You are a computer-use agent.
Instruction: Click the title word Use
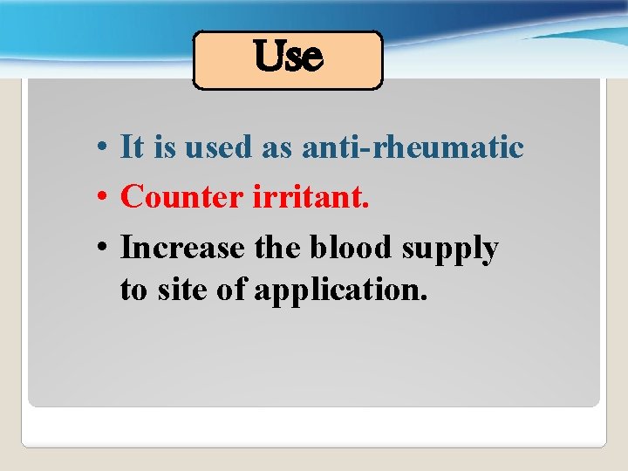point(288,58)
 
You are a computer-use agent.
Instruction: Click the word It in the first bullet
point(132,147)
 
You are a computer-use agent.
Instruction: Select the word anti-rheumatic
point(413,147)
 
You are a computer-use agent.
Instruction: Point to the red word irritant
point(311,197)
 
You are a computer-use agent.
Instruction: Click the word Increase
point(183,248)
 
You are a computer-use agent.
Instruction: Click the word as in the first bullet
point(277,148)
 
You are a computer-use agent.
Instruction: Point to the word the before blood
point(277,248)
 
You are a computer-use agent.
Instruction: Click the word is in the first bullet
point(164,147)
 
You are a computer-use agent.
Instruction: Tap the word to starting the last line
point(133,290)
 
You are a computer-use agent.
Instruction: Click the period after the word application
point(424,297)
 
